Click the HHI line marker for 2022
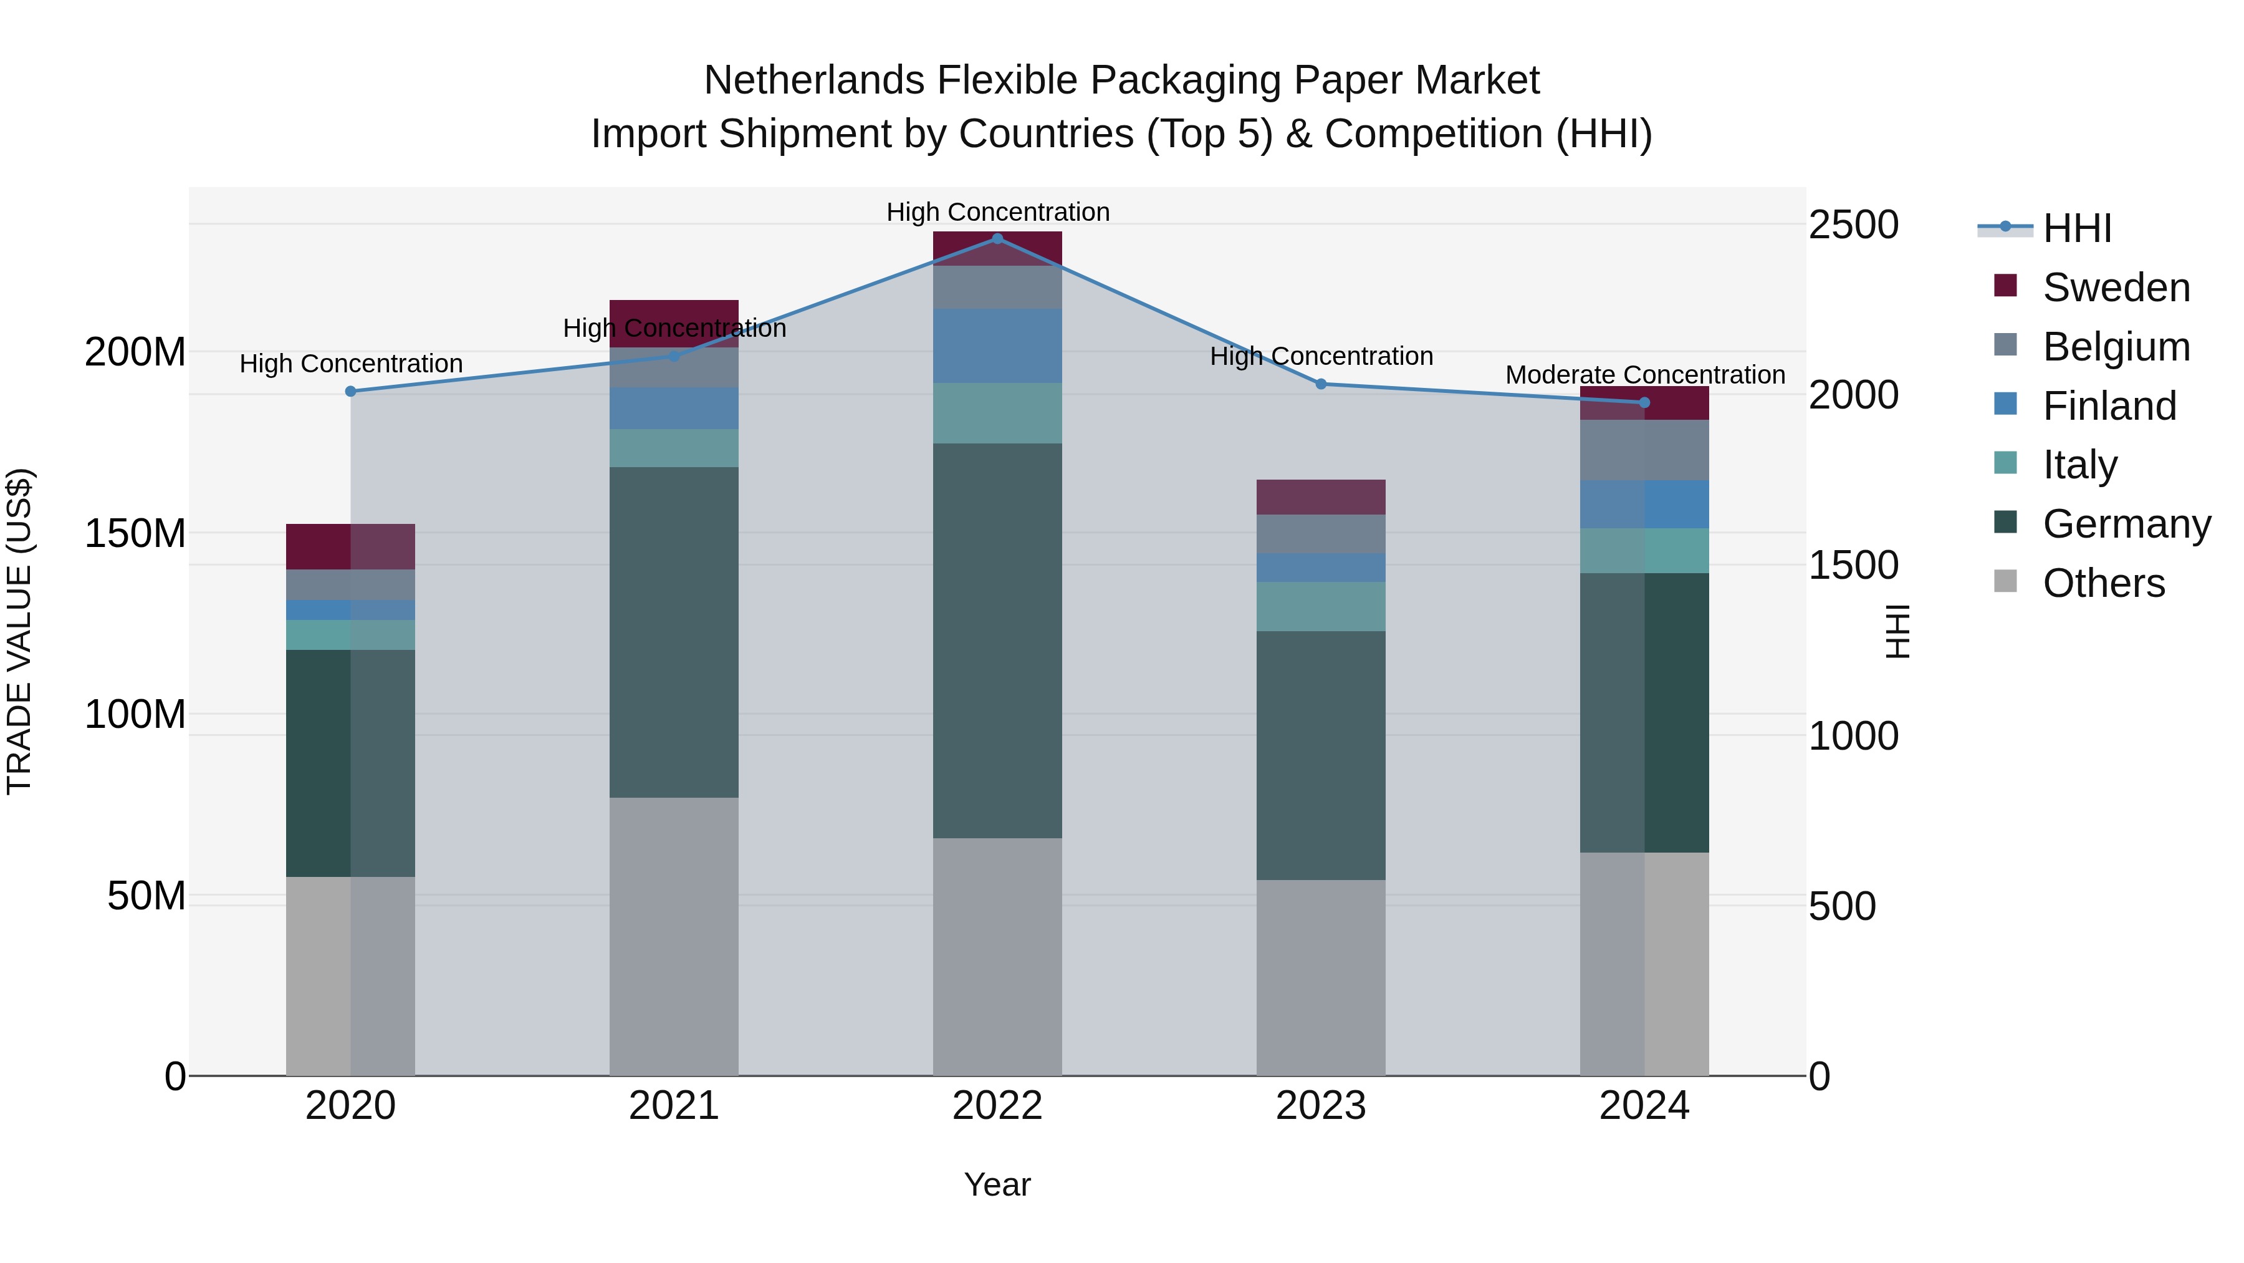(997, 239)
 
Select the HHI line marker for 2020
(350, 391)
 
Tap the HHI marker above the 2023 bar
(1321, 384)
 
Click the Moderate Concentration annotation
(1645, 375)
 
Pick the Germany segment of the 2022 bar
(997, 641)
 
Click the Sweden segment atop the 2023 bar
(1321, 497)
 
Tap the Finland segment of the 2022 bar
(997, 346)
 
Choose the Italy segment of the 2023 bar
(1321, 607)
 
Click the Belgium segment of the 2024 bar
(1645, 450)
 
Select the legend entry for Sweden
(2115, 288)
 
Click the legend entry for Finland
(2109, 406)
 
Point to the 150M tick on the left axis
(135, 533)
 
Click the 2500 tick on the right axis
(1854, 225)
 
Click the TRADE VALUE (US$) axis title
(19, 631)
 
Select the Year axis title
(997, 1184)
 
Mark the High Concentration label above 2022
(997, 212)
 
